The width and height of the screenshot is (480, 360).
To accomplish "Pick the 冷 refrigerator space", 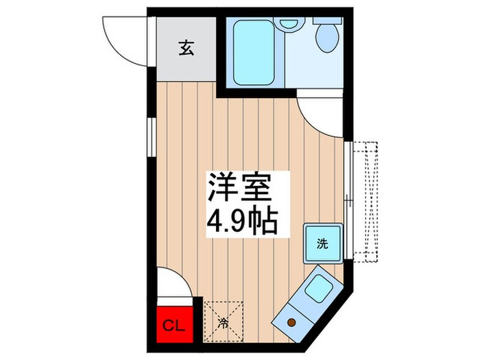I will click(x=224, y=319).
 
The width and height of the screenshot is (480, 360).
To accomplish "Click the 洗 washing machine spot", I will click(x=322, y=243).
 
